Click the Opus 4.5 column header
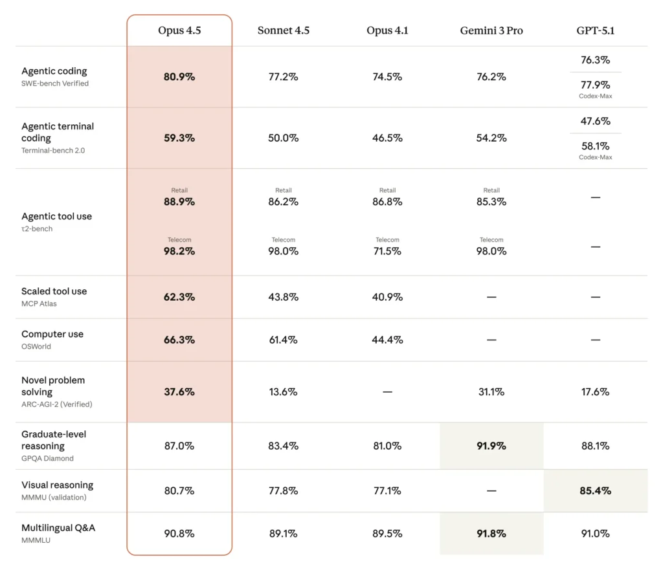[x=179, y=31]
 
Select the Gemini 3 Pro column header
[x=491, y=31]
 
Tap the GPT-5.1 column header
[x=595, y=31]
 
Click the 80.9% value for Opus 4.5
[x=179, y=77]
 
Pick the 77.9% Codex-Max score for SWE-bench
[x=595, y=85]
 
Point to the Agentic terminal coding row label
[x=58, y=132]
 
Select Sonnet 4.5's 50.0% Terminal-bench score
[x=283, y=138]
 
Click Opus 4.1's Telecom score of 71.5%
[x=387, y=251]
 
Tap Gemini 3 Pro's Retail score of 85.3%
[x=491, y=202]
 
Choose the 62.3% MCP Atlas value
[x=179, y=298]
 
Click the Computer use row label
[x=52, y=334]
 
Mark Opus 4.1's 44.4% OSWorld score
[x=387, y=340]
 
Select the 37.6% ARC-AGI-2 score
[x=179, y=392]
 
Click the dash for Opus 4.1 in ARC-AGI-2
[x=387, y=392]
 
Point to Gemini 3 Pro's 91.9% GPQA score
[x=491, y=446]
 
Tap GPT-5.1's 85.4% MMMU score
[x=595, y=491]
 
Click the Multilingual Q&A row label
[x=58, y=528]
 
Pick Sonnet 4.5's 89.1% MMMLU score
[x=283, y=534]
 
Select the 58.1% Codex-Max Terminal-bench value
[x=595, y=146]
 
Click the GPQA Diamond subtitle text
[x=47, y=459]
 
